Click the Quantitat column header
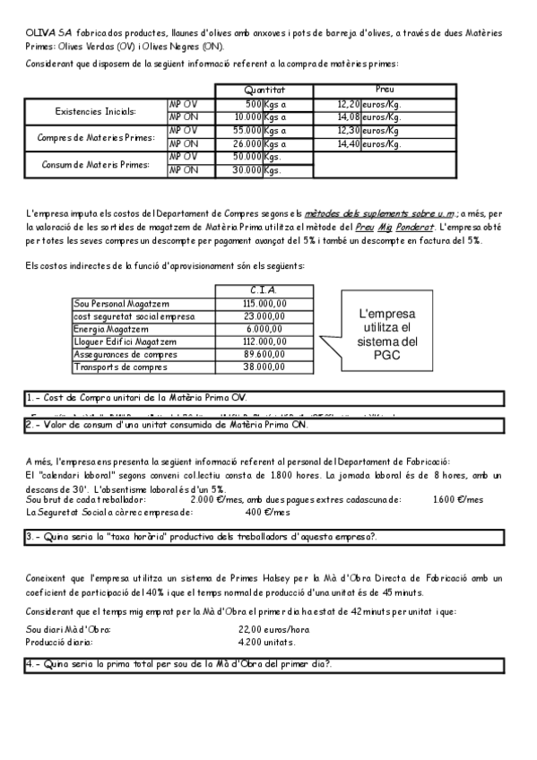pos(264,91)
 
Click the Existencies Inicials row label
pos(96,111)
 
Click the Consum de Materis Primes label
pos(96,164)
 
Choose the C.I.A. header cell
pos(264,289)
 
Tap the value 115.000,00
pos(264,304)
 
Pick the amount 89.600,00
pos(264,354)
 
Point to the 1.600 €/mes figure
pos(457,500)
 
